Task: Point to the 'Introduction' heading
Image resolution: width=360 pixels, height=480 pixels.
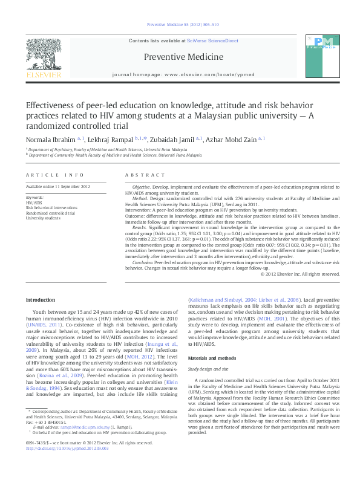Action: (40, 300)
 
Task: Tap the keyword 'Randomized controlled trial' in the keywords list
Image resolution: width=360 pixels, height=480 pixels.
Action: (51, 213)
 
